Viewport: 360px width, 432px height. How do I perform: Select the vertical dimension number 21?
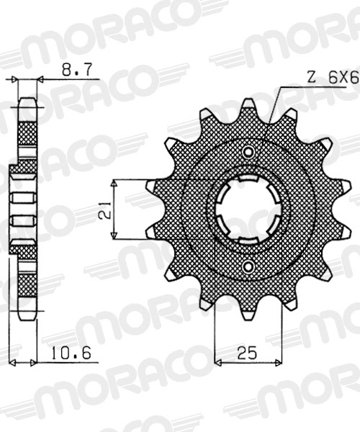104,209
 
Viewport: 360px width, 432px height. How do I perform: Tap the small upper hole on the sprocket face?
248,152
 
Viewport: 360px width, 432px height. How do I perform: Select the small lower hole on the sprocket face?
248,268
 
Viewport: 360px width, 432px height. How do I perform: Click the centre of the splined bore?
248,210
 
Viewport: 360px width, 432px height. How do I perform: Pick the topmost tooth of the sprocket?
248,107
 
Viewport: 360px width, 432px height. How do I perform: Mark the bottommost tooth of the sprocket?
248,313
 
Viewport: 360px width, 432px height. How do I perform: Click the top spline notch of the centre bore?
248,180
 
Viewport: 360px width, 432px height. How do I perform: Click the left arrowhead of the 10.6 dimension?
9,363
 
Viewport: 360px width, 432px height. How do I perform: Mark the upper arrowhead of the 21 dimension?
115,182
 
